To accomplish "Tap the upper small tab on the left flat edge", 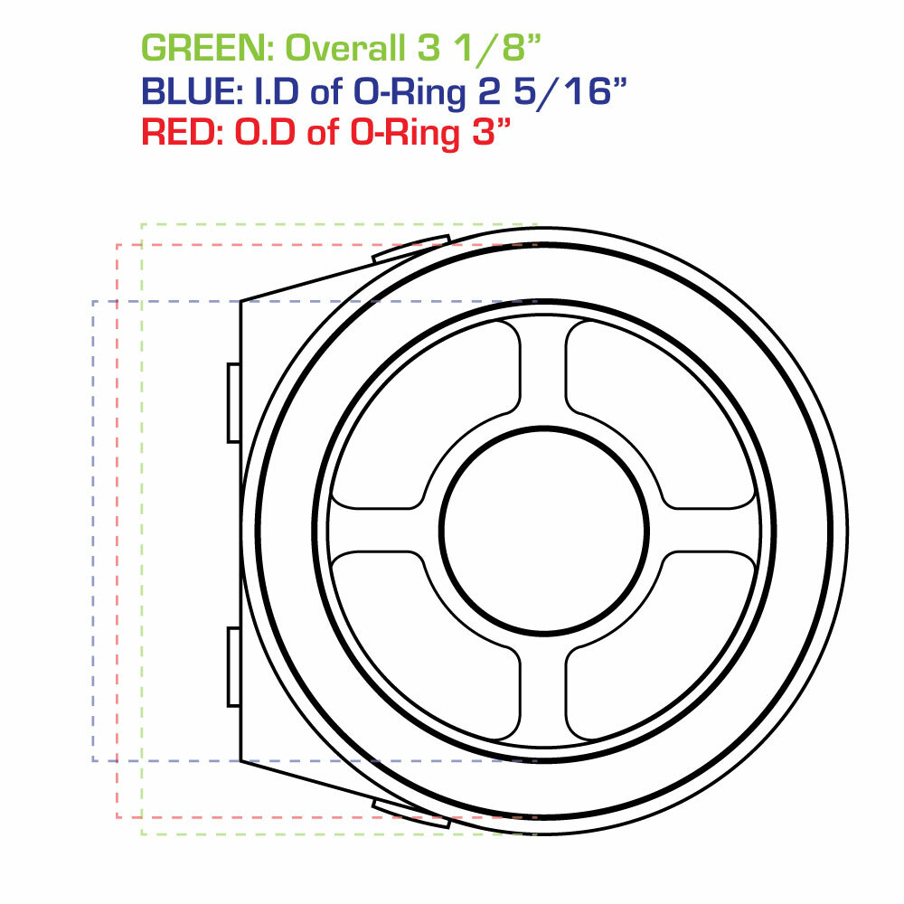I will click(233, 402).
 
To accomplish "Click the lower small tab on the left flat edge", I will click(233, 666).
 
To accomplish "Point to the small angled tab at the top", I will click(411, 250).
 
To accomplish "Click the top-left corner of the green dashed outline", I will click(142, 223).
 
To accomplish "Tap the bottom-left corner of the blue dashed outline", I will click(93, 760).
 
